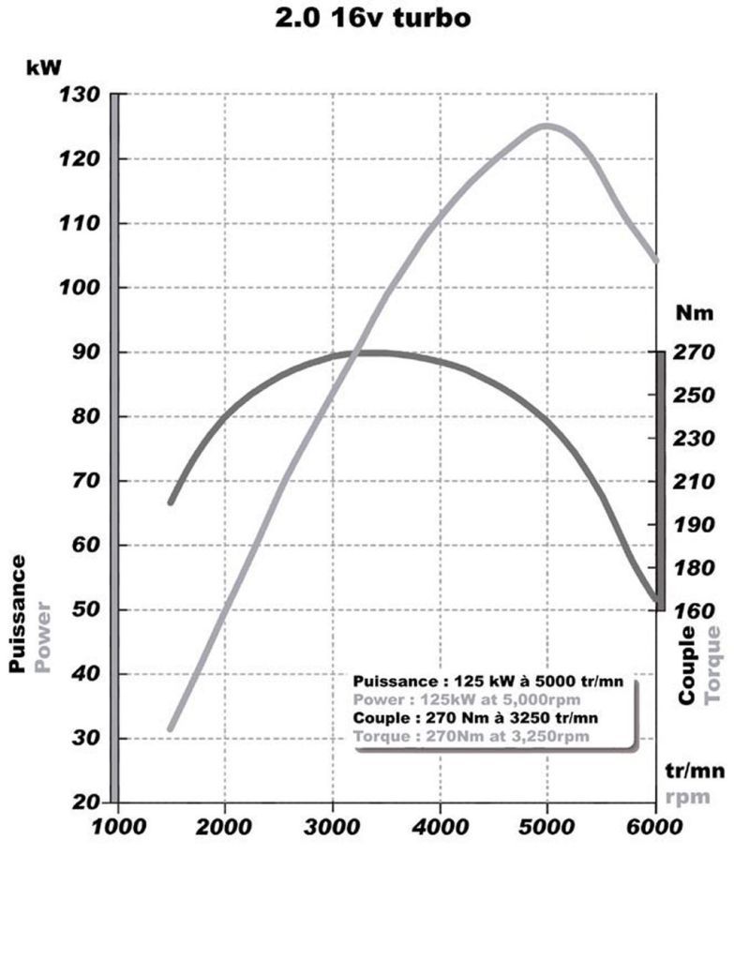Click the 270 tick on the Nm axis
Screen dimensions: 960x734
[695, 352]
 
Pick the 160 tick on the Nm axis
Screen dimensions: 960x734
[695, 610]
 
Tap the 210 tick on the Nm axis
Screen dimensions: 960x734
[695, 482]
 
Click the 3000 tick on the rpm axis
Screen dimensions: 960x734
[333, 827]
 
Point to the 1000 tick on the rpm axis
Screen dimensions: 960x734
[117, 827]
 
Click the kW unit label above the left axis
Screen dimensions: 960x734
[44, 67]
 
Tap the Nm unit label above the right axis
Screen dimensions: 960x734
[695, 313]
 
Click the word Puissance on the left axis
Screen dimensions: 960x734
[18, 613]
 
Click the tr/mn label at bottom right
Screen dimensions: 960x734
[695, 771]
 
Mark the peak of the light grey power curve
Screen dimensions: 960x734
[546, 126]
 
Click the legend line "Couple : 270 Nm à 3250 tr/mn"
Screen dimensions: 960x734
[476, 717]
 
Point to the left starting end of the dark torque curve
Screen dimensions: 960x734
[171, 502]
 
